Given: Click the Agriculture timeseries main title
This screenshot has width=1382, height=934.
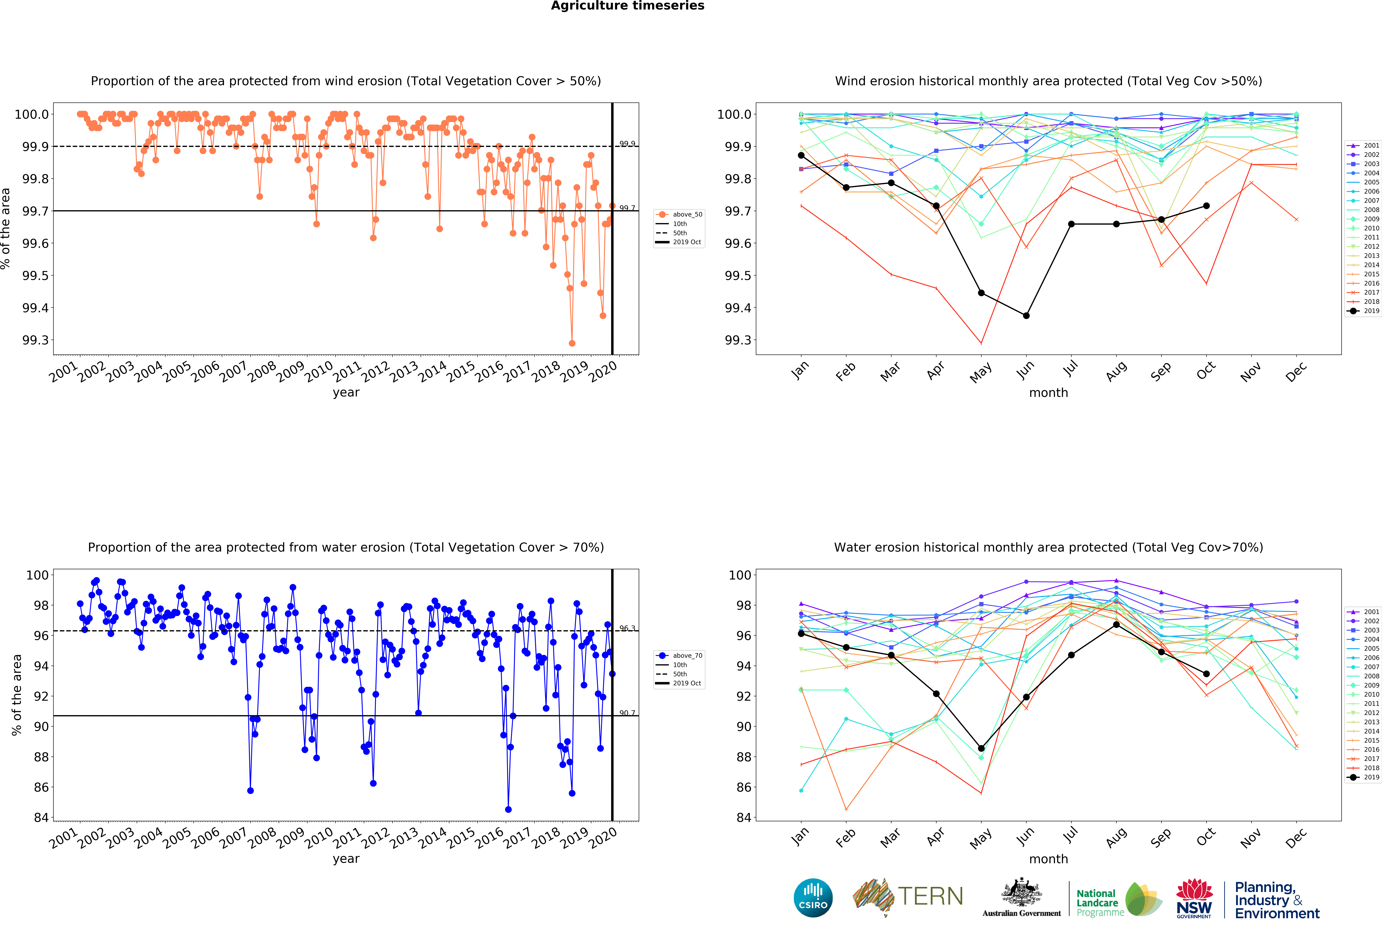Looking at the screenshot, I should tap(627, 6).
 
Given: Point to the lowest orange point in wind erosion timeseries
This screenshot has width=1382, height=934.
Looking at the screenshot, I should tap(572, 343).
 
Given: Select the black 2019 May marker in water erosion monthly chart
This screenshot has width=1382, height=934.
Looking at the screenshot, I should tap(981, 748).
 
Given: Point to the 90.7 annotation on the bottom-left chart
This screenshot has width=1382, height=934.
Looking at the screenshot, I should tap(627, 713).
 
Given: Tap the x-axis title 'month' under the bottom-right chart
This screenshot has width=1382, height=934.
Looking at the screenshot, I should tap(1048, 859).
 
